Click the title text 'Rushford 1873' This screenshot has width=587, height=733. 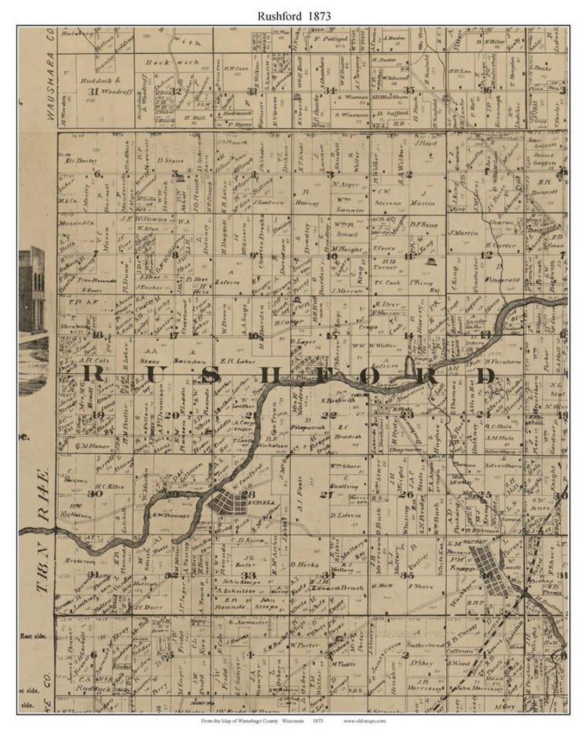point(294,16)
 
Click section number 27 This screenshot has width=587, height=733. point(326,494)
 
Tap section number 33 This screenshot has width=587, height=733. point(249,575)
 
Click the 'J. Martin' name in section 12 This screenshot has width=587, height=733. point(463,234)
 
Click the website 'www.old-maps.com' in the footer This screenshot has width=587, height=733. point(364,721)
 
